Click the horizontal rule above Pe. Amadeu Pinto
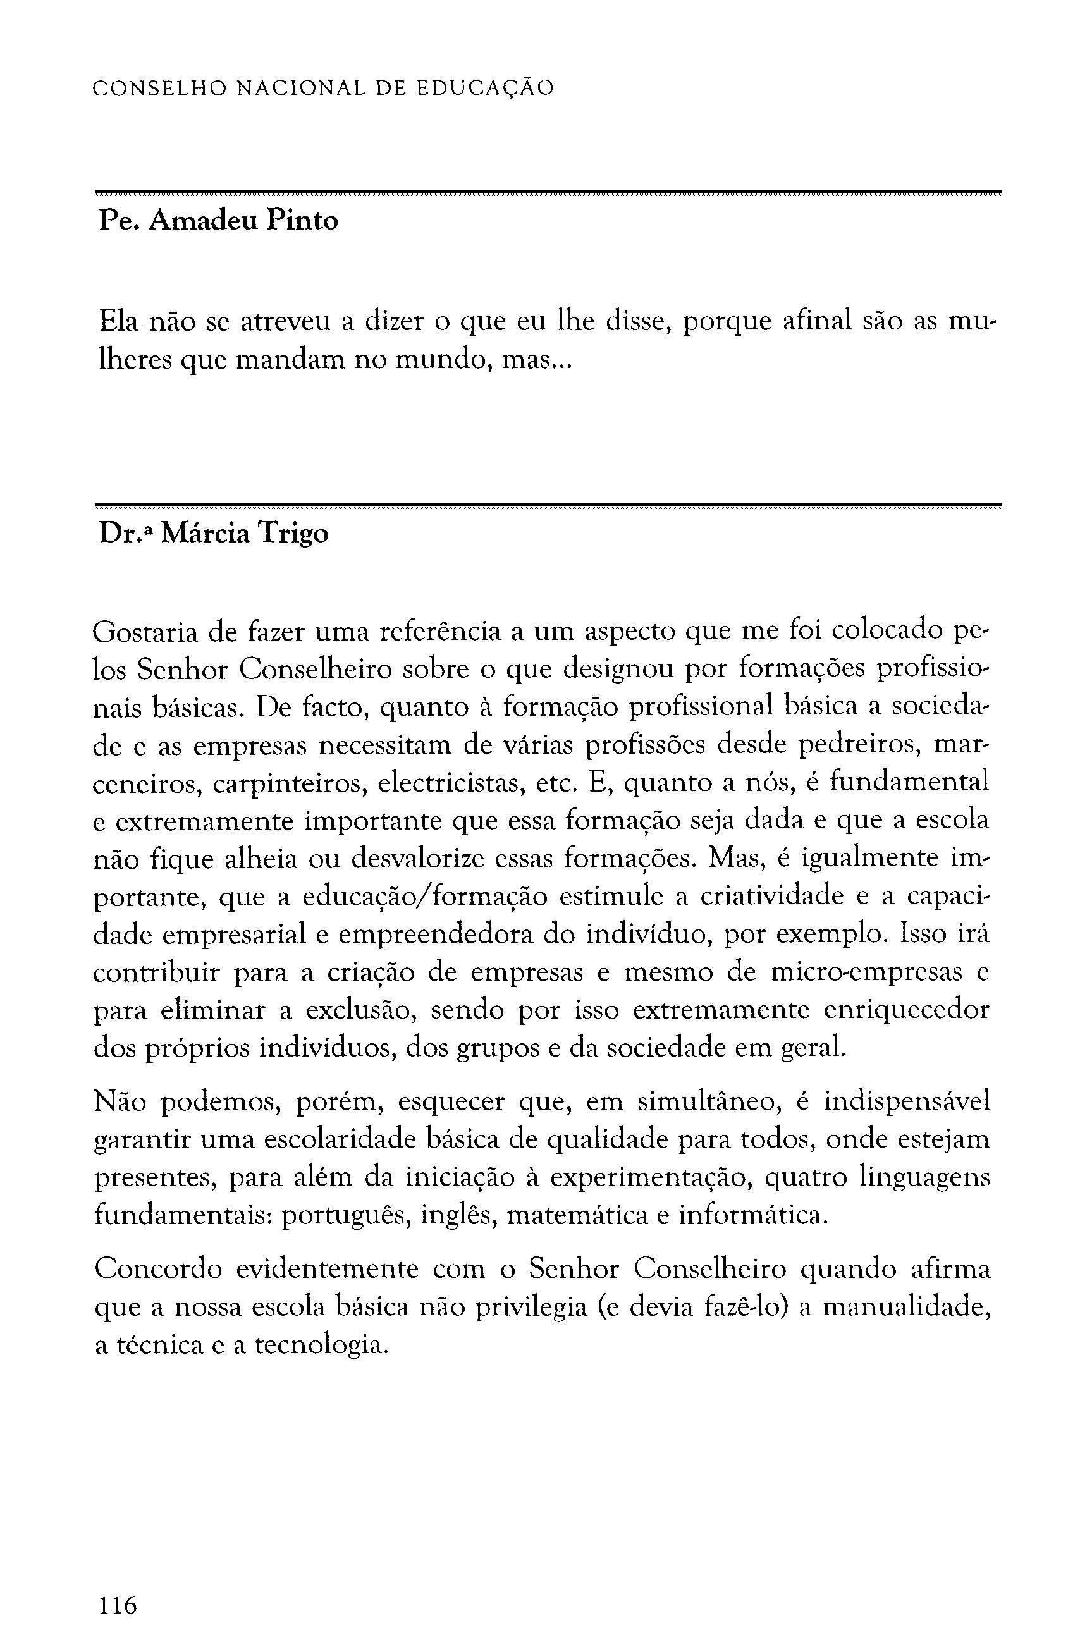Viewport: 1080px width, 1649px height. (548, 192)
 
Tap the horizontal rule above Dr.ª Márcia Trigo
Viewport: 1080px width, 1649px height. (548, 505)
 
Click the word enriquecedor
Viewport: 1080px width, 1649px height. (906, 1010)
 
